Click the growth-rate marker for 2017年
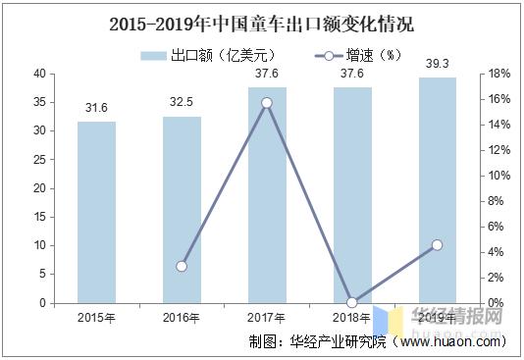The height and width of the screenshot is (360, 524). (x=267, y=102)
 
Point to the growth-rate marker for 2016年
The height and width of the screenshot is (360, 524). (x=182, y=266)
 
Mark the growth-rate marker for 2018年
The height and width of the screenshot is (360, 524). (x=352, y=302)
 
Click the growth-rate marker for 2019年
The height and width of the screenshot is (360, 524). (x=438, y=245)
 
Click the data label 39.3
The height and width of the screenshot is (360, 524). (x=438, y=64)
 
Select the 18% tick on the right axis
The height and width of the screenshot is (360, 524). (x=498, y=74)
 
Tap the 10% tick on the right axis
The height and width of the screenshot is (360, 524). (x=498, y=176)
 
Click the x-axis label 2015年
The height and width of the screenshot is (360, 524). (x=96, y=317)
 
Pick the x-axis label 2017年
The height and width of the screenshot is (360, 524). (x=267, y=317)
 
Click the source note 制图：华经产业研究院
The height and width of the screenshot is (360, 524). (x=320, y=342)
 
